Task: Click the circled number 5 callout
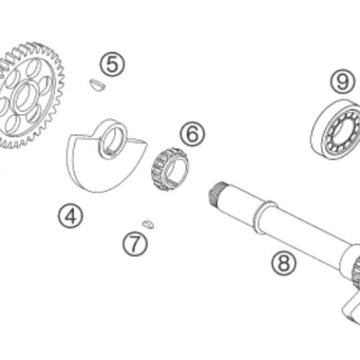112,64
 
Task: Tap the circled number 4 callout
71,216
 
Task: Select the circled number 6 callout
192,134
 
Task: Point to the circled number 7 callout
135,243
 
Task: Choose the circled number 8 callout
284,263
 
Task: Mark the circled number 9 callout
343,82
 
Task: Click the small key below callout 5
96,85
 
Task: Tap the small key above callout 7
148,224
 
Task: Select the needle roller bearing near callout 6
170,169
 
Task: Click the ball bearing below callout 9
336,130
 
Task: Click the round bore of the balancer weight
112,140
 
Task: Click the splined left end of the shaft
216,194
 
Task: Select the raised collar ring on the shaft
265,217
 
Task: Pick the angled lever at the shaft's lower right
351,308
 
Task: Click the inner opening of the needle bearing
176,170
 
